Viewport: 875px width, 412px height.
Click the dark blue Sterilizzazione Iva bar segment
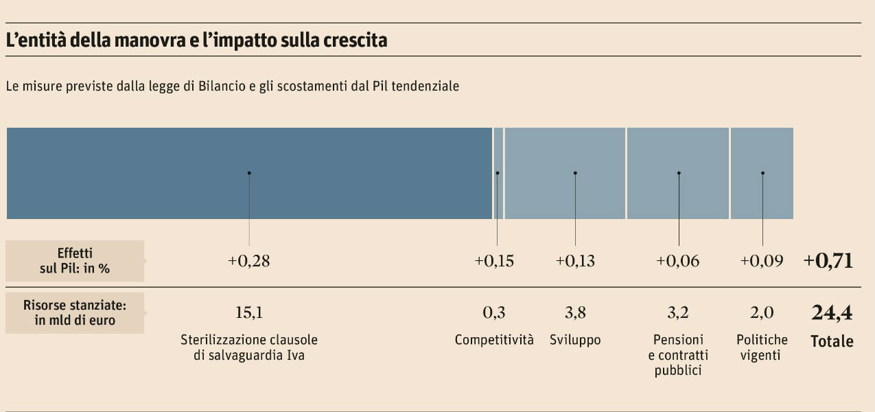click(249, 173)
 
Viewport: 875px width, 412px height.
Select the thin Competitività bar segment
click(498, 173)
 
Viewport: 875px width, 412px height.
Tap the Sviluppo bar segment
click(565, 173)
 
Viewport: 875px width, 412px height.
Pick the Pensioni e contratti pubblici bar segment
click(678, 173)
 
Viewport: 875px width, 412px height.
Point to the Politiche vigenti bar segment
click(762, 173)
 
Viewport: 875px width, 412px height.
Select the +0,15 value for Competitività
click(494, 262)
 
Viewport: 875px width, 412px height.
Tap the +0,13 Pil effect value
click(575, 262)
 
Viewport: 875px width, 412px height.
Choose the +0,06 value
click(678, 262)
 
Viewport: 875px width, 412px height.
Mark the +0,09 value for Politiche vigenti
click(760, 262)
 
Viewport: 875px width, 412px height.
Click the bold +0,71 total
click(828, 261)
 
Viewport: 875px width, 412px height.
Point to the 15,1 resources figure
click(249, 313)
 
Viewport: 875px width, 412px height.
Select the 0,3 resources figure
click(494, 313)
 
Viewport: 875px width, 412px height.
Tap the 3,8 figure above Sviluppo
click(575, 313)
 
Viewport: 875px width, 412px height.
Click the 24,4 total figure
click(832, 313)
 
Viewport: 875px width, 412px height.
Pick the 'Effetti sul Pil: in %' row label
click(75, 261)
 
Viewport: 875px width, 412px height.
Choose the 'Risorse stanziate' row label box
click(75, 312)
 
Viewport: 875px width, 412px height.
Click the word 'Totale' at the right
click(832, 341)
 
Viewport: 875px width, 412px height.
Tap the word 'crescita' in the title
click(355, 41)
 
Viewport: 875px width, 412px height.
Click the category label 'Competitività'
click(494, 340)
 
